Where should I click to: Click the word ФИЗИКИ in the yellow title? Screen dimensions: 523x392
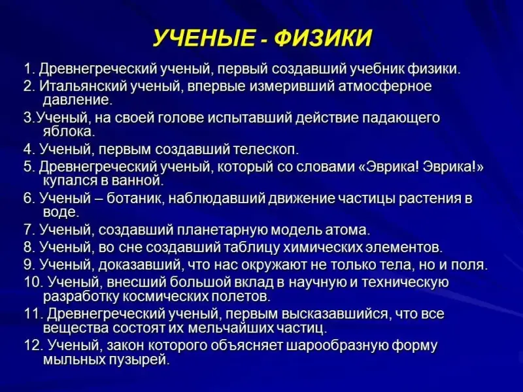tap(323, 37)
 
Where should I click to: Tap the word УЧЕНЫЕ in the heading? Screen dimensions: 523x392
tap(203, 37)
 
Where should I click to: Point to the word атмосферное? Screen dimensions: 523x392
tap(385, 86)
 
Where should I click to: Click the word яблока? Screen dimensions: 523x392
tap(69, 131)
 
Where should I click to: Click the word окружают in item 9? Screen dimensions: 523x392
tap(274, 265)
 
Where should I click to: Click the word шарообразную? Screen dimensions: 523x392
tap(337, 346)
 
